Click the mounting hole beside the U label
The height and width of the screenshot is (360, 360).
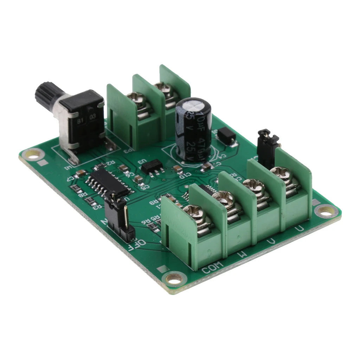[326, 211]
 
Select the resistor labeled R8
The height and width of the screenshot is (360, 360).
[76, 190]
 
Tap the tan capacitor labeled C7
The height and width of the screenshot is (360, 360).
[81, 173]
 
